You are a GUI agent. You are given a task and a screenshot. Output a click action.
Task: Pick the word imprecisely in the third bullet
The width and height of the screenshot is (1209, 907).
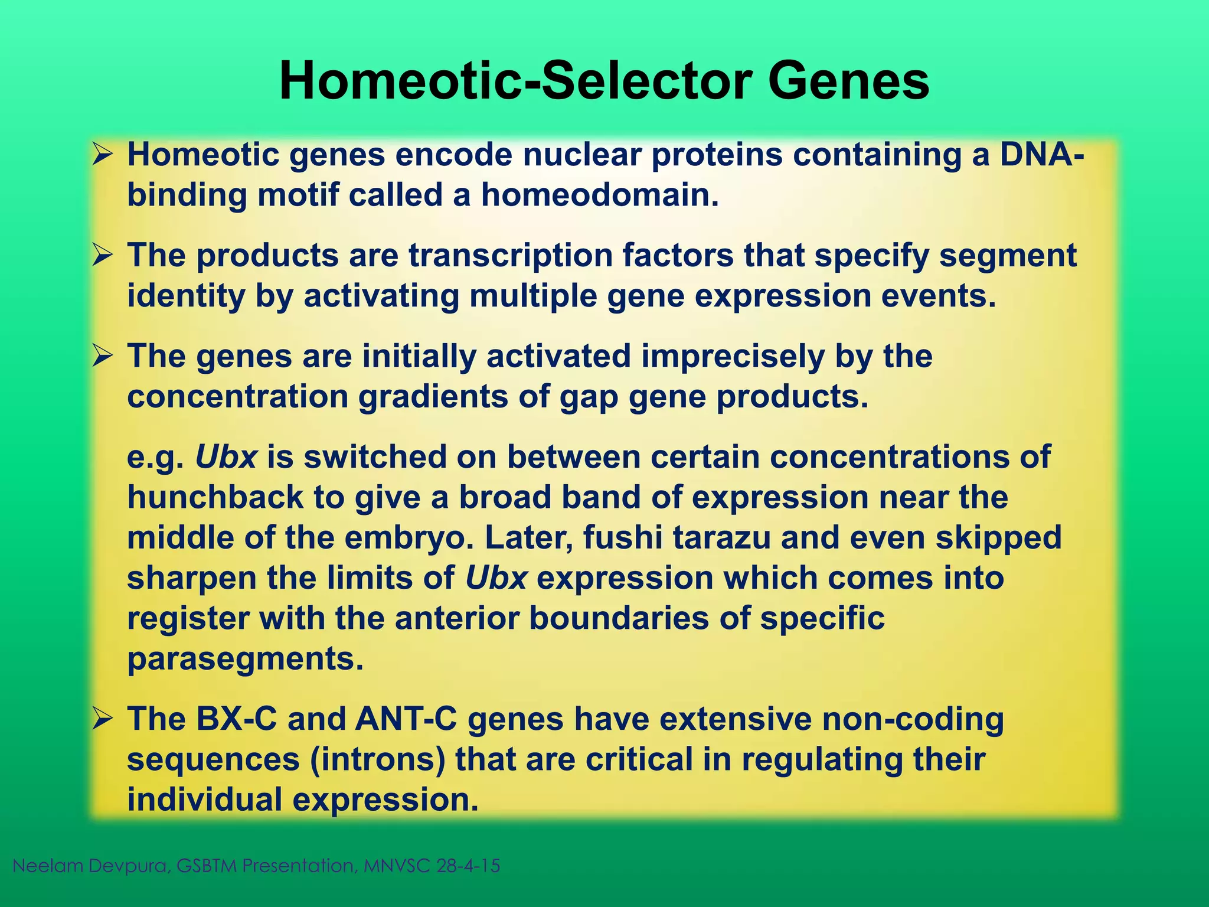pyautogui.click(x=733, y=357)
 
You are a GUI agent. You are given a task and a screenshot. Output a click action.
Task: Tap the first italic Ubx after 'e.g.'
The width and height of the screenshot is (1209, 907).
pyautogui.click(x=226, y=457)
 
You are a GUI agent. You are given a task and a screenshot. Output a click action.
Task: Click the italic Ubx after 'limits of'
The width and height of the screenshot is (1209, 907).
pyautogui.click(x=496, y=578)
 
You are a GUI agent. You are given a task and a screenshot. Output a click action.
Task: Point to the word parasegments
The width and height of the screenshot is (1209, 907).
pyautogui.click(x=244, y=659)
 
